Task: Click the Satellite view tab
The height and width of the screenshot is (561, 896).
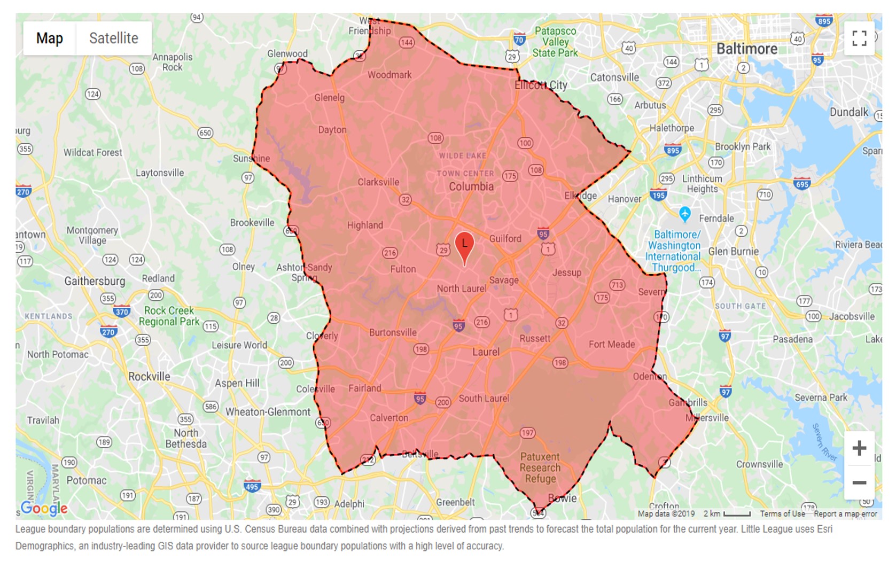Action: (x=113, y=38)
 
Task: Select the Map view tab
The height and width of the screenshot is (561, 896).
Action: (x=50, y=38)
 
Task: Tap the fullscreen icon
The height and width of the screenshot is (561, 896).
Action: (x=859, y=38)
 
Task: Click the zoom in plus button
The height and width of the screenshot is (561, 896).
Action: (x=859, y=448)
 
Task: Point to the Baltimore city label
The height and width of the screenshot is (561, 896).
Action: (x=746, y=49)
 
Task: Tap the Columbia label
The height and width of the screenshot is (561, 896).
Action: (x=471, y=186)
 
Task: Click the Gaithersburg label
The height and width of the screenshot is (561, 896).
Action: (x=95, y=281)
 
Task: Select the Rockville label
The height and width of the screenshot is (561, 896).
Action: (x=149, y=377)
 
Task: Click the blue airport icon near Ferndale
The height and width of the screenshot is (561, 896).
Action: (x=685, y=214)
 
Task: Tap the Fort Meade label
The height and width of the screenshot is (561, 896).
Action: (x=612, y=345)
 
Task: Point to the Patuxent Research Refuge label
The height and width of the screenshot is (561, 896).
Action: (x=540, y=467)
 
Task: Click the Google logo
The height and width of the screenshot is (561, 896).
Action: (x=44, y=508)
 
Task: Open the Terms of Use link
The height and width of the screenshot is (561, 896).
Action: (x=782, y=514)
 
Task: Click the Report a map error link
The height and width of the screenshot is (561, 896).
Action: (x=845, y=514)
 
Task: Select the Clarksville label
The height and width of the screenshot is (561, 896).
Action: (x=378, y=182)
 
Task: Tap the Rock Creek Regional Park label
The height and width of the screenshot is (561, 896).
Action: (x=169, y=316)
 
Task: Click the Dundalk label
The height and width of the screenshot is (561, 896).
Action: (x=848, y=112)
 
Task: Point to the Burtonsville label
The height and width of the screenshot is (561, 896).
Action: (x=393, y=332)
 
